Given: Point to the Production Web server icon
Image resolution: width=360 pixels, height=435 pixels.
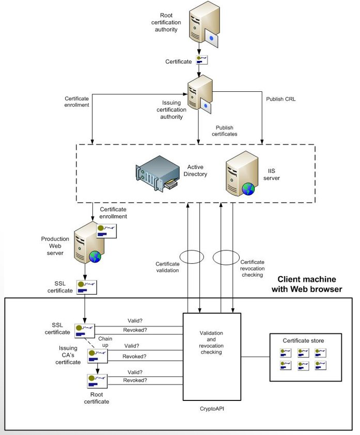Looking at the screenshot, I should [x=86, y=243].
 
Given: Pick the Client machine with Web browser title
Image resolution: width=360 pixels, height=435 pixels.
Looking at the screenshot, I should [x=307, y=284].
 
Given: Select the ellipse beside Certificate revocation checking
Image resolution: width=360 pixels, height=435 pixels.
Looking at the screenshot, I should [x=226, y=257].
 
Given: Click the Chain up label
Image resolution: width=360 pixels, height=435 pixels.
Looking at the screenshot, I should [x=105, y=341].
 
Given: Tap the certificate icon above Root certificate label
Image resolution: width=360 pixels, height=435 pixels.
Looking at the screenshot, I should [x=97, y=381].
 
